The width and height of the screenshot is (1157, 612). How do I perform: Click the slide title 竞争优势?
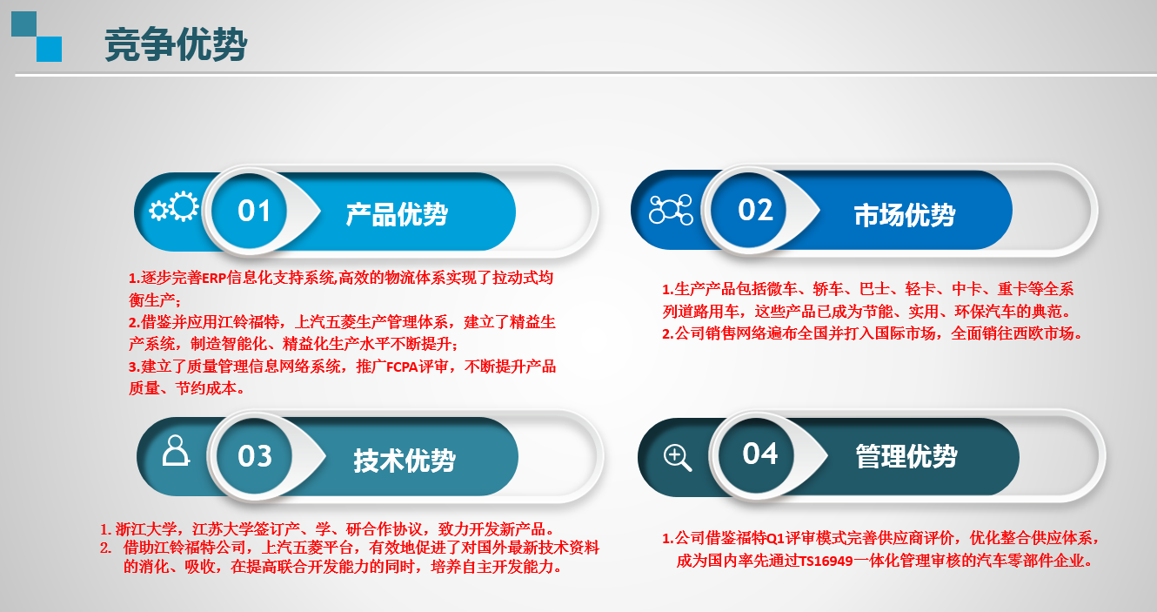tap(176, 44)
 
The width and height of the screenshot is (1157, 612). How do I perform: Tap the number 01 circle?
tap(250, 211)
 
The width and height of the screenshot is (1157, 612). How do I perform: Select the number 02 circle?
tap(749, 209)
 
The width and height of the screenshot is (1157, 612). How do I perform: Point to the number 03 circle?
tap(254, 456)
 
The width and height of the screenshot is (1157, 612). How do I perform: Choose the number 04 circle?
tap(757, 454)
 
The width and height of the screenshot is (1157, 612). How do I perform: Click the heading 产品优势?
tap(397, 214)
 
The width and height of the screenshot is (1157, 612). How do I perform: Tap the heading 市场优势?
tap(905, 214)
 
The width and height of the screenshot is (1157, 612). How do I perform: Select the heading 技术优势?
tap(405, 460)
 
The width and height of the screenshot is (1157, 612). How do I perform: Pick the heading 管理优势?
tap(906, 456)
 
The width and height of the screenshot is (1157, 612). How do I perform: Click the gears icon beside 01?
tap(174, 207)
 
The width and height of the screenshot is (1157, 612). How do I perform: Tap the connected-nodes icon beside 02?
tap(671, 210)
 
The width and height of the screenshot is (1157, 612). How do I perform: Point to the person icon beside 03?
tap(176, 450)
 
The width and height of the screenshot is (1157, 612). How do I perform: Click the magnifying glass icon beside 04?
tap(677, 458)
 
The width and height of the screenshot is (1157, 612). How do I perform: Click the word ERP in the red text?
tap(214, 279)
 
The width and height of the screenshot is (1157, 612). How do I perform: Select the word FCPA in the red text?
tap(402, 367)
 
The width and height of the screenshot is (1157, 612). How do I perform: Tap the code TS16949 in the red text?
tap(826, 562)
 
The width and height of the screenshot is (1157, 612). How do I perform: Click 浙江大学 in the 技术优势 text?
tap(145, 529)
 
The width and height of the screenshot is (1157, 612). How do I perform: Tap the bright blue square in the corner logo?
tap(49, 49)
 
